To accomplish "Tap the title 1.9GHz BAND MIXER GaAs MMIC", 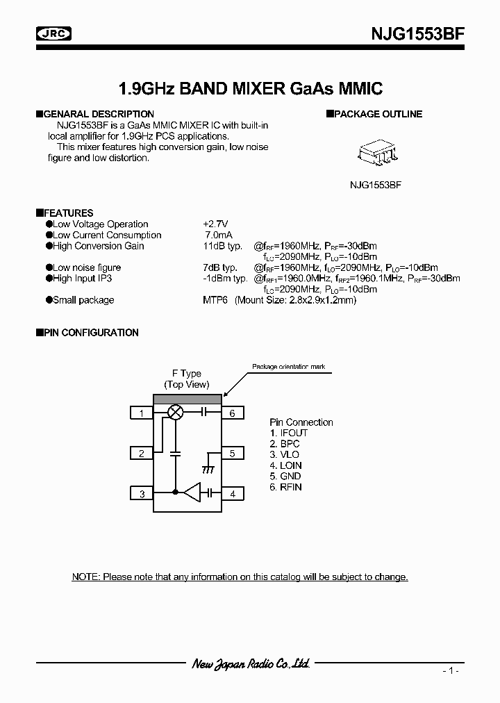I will [251, 89].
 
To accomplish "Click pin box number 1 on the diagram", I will [142, 413].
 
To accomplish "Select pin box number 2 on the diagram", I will [142, 454].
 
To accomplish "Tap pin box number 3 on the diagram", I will [142, 494].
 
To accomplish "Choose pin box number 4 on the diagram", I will [232, 494].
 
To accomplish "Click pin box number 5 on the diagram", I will [232, 454].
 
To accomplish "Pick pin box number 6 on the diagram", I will [232, 413].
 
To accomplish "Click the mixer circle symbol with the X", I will [176, 413].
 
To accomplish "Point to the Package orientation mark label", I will [288, 367].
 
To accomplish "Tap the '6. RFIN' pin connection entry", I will [286, 487].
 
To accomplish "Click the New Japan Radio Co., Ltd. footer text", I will [251, 663].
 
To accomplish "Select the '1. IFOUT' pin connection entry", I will [288, 433].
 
